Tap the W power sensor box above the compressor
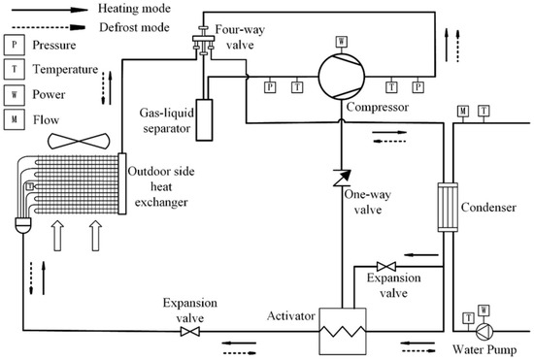tap(342, 41)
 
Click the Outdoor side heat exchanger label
tap(161, 186)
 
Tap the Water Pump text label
tap(483, 347)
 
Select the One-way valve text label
tap(366, 200)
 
